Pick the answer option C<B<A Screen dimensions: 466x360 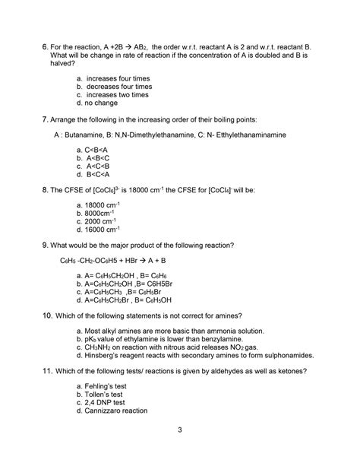(x=97, y=152)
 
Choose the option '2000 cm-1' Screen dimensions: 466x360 (x=96, y=220)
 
